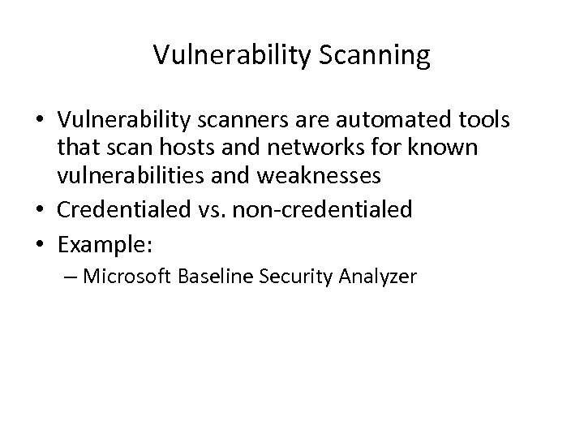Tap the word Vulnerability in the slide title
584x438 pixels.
[227, 56]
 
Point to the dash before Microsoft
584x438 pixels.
[70, 277]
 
